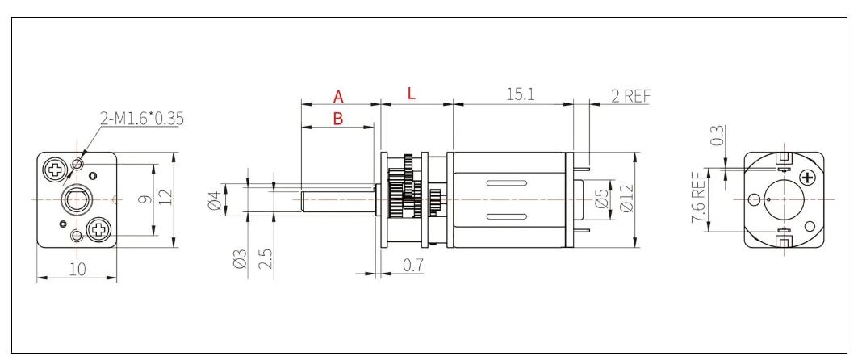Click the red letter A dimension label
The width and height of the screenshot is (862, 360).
tap(339, 96)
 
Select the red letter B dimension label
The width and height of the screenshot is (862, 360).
tap(338, 119)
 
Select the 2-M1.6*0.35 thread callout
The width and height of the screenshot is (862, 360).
tap(141, 119)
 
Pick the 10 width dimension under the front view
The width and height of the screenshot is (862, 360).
tap(77, 270)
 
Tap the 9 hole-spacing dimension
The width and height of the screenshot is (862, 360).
tap(142, 200)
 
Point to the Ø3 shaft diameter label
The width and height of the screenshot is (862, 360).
tap(240, 260)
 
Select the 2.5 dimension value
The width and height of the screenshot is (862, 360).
tap(266, 260)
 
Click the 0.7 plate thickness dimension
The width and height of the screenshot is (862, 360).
tap(412, 264)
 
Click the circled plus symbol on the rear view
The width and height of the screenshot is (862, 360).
tap(806, 178)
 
